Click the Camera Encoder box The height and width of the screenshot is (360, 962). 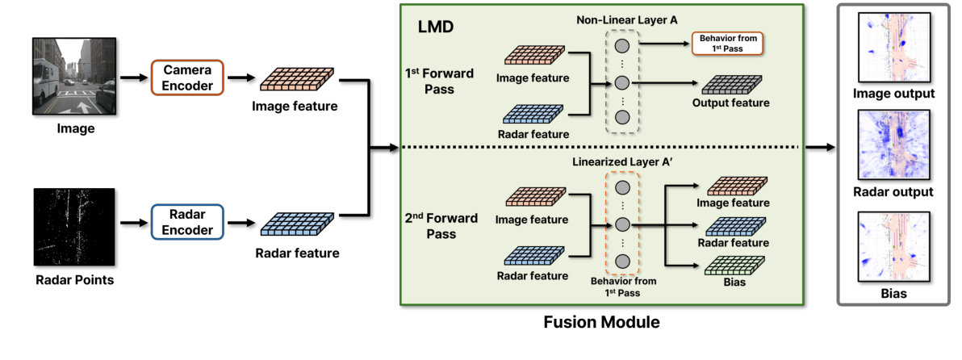pyautogui.click(x=186, y=78)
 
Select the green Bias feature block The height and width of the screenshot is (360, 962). pyautogui.click(x=725, y=265)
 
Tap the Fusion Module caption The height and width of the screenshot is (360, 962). pyautogui.click(x=601, y=323)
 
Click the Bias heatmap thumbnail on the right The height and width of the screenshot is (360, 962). pyautogui.click(x=893, y=247)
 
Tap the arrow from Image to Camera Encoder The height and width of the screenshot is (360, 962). pyautogui.click(x=132, y=78)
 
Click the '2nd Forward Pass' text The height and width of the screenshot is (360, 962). pyautogui.click(x=441, y=225)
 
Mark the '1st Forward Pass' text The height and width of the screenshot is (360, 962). pyautogui.click(x=441, y=82)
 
